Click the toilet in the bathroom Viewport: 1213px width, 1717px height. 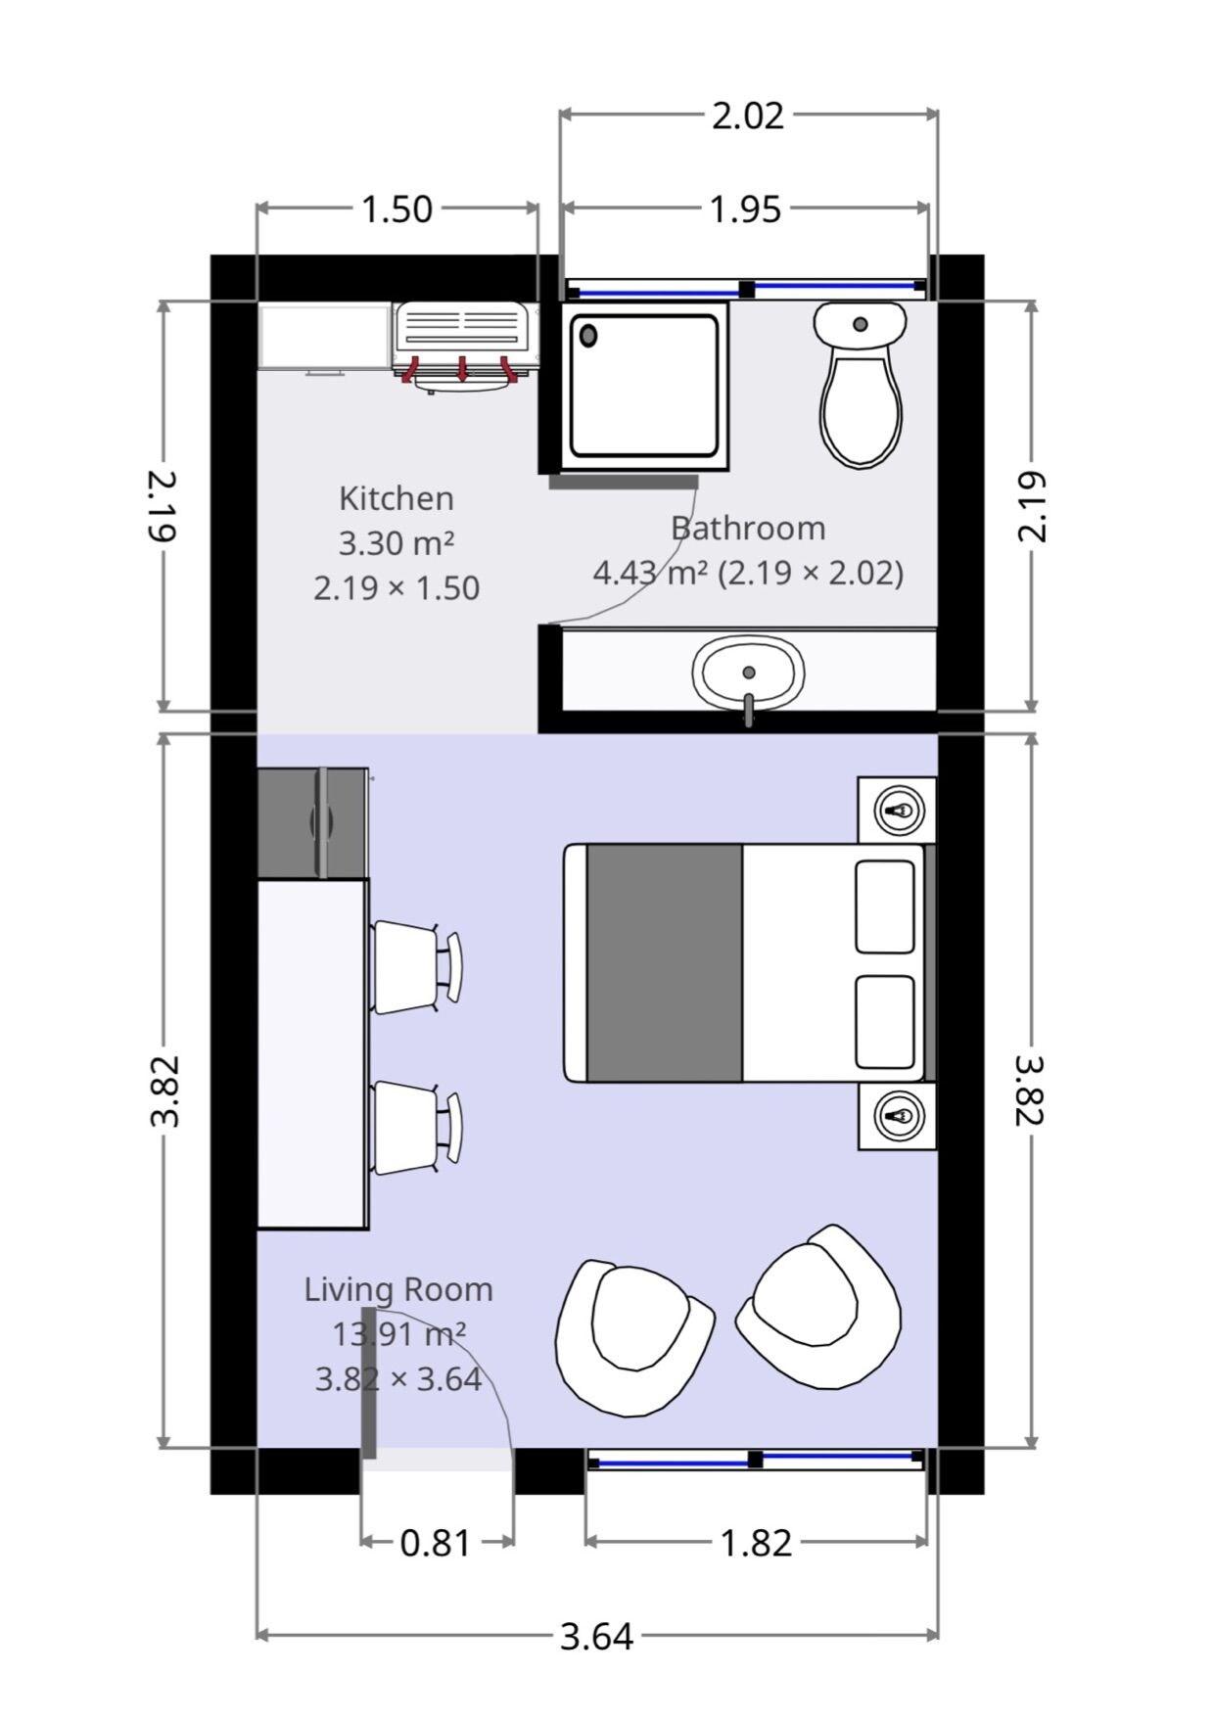click(861, 392)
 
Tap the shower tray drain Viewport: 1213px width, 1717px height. click(588, 336)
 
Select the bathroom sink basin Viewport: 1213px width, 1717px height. click(748, 673)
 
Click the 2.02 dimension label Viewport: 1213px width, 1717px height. click(747, 116)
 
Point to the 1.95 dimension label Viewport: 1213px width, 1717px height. click(745, 209)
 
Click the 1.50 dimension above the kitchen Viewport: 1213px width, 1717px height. click(397, 209)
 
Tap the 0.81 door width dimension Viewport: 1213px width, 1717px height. click(436, 1543)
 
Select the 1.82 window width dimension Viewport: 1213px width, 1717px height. click(755, 1543)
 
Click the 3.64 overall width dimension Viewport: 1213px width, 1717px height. click(596, 1636)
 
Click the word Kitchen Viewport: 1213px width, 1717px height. click(397, 498)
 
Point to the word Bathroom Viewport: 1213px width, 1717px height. click(748, 528)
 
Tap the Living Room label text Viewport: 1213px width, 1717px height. click(397, 1289)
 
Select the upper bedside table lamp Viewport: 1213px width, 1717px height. click(899, 811)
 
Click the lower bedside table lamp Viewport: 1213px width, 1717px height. click(899, 1115)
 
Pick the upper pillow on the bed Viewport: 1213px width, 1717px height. click(885, 906)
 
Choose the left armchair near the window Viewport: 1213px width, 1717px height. click(631, 1335)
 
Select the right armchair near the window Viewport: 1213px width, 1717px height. click(820, 1306)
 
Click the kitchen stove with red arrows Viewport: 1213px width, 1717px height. click(465, 338)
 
